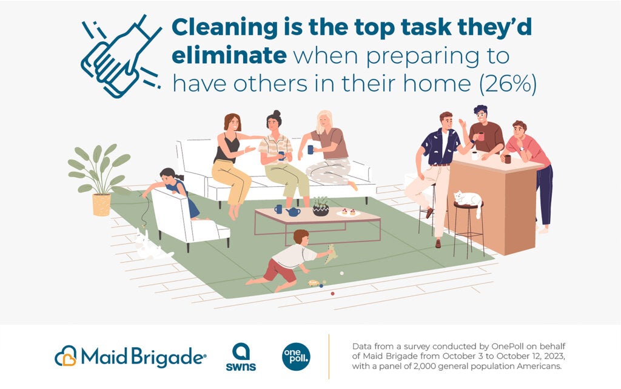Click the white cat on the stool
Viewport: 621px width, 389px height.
click(x=469, y=200)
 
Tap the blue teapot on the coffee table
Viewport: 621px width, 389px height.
click(x=293, y=211)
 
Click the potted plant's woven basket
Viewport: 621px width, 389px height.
click(x=101, y=205)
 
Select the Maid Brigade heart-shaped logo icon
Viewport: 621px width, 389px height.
click(x=65, y=356)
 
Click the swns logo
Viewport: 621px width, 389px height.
click(x=241, y=356)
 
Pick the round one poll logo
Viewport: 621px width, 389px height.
click(x=296, y=356)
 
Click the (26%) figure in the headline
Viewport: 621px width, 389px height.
click(x=508, y=84)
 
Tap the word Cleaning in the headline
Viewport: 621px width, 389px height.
click(x=225, y=27)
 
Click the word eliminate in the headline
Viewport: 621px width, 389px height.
click(x=229, y=56)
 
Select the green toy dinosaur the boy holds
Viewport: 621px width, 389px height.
click(x=331, y=254)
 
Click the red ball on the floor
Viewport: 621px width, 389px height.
click(x=333, y=294)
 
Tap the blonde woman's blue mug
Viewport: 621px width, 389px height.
click(x=310, y=150)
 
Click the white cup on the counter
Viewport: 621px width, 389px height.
click(x=475, y=156)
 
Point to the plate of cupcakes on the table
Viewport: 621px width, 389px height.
click(x=348, y=213)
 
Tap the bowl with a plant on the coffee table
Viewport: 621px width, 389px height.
click(x=321, y=207)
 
